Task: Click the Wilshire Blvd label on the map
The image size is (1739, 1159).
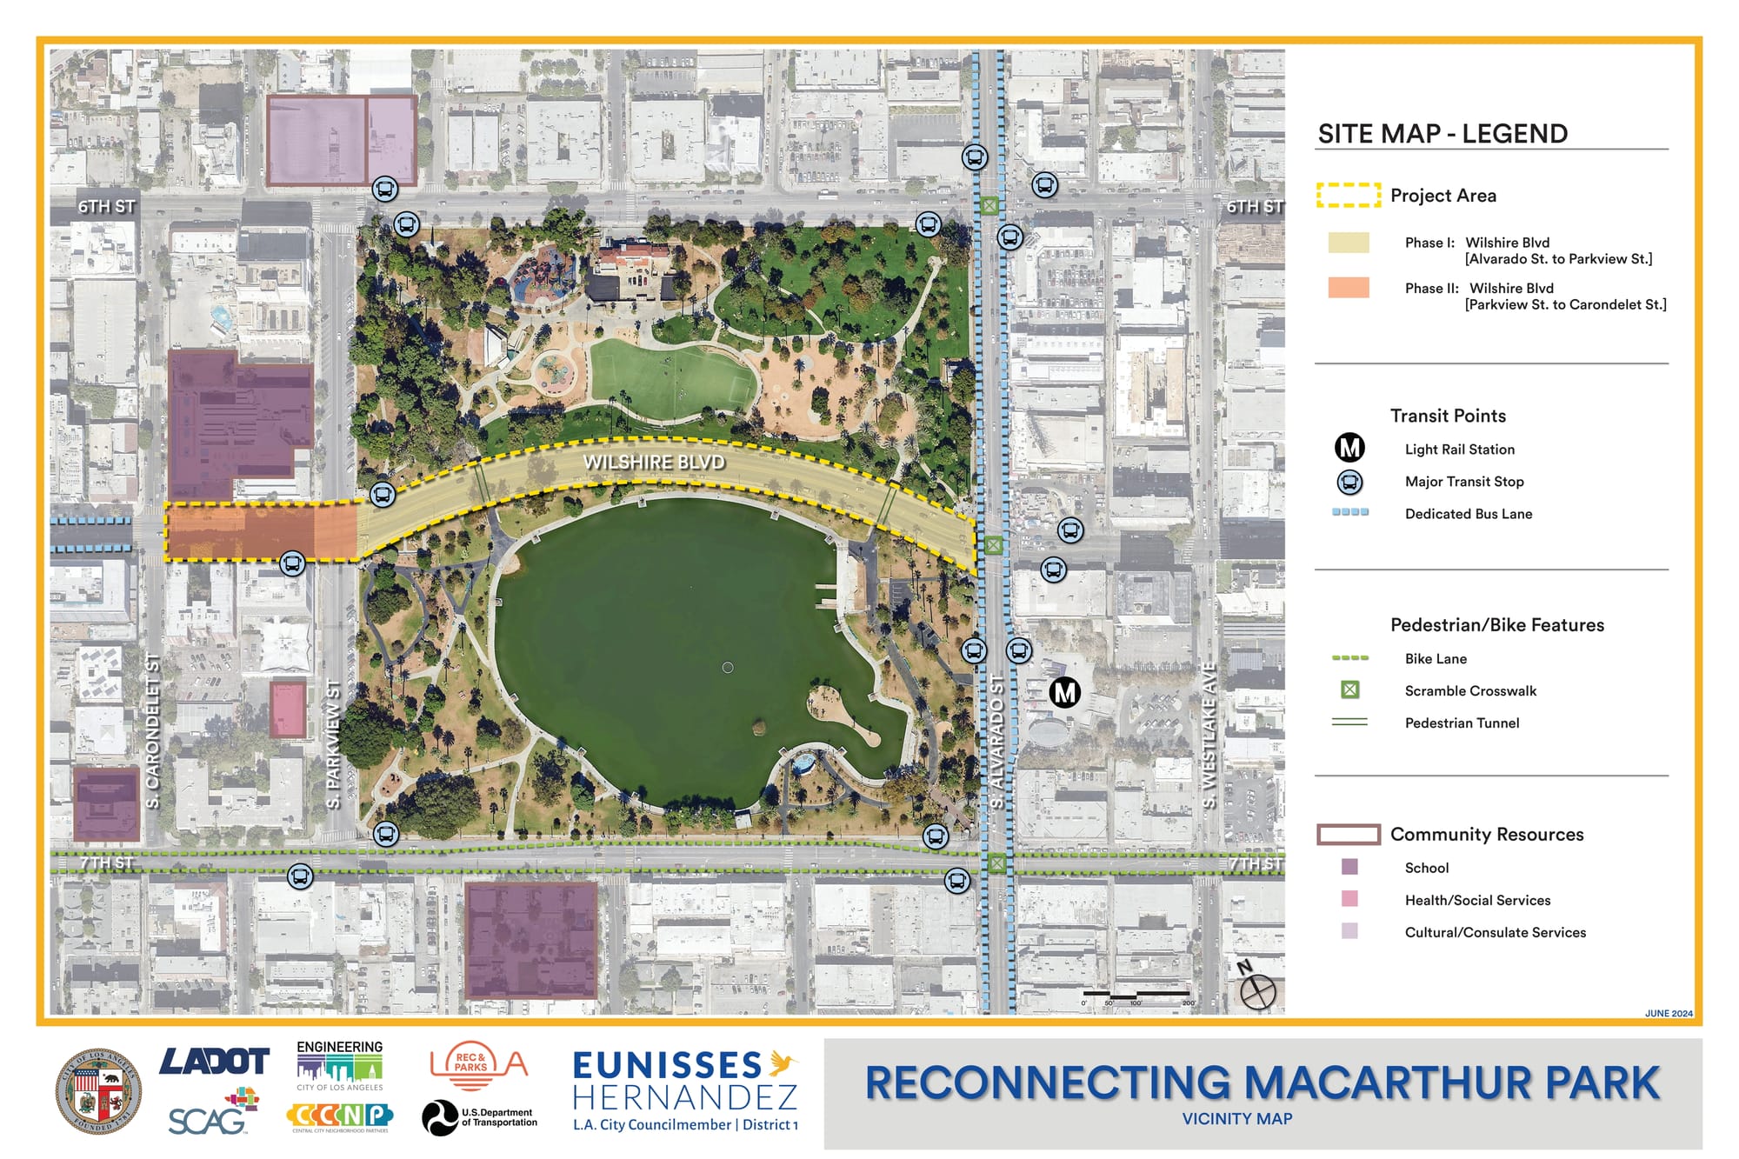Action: click(654, 462)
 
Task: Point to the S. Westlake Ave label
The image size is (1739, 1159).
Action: click(1209, 736)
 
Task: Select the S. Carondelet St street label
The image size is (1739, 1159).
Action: click(153, 731)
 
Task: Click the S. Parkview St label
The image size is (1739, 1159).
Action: click(333, 744)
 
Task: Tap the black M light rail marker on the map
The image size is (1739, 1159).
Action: click(1064, 692)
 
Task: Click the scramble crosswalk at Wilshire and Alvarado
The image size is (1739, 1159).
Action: click(993, 545)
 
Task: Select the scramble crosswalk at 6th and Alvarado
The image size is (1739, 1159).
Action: click(989, 205)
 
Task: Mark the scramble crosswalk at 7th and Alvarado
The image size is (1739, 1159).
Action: click(996, 863)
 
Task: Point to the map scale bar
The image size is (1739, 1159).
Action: click(1137, 995)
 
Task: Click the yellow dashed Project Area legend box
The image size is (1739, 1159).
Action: click(1349, 195)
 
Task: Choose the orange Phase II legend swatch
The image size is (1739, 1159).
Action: click(1349, 288)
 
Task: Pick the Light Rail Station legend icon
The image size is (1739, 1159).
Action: click(1349, 448)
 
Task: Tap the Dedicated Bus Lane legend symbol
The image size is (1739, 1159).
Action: click(1350, 512)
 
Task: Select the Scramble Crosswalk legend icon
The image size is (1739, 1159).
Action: click(1349, 689)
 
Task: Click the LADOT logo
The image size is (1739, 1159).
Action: click(214, 1061)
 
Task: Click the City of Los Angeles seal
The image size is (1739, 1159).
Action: click(98, 1091)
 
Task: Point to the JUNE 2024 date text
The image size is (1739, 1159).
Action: click(1668, 1013)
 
